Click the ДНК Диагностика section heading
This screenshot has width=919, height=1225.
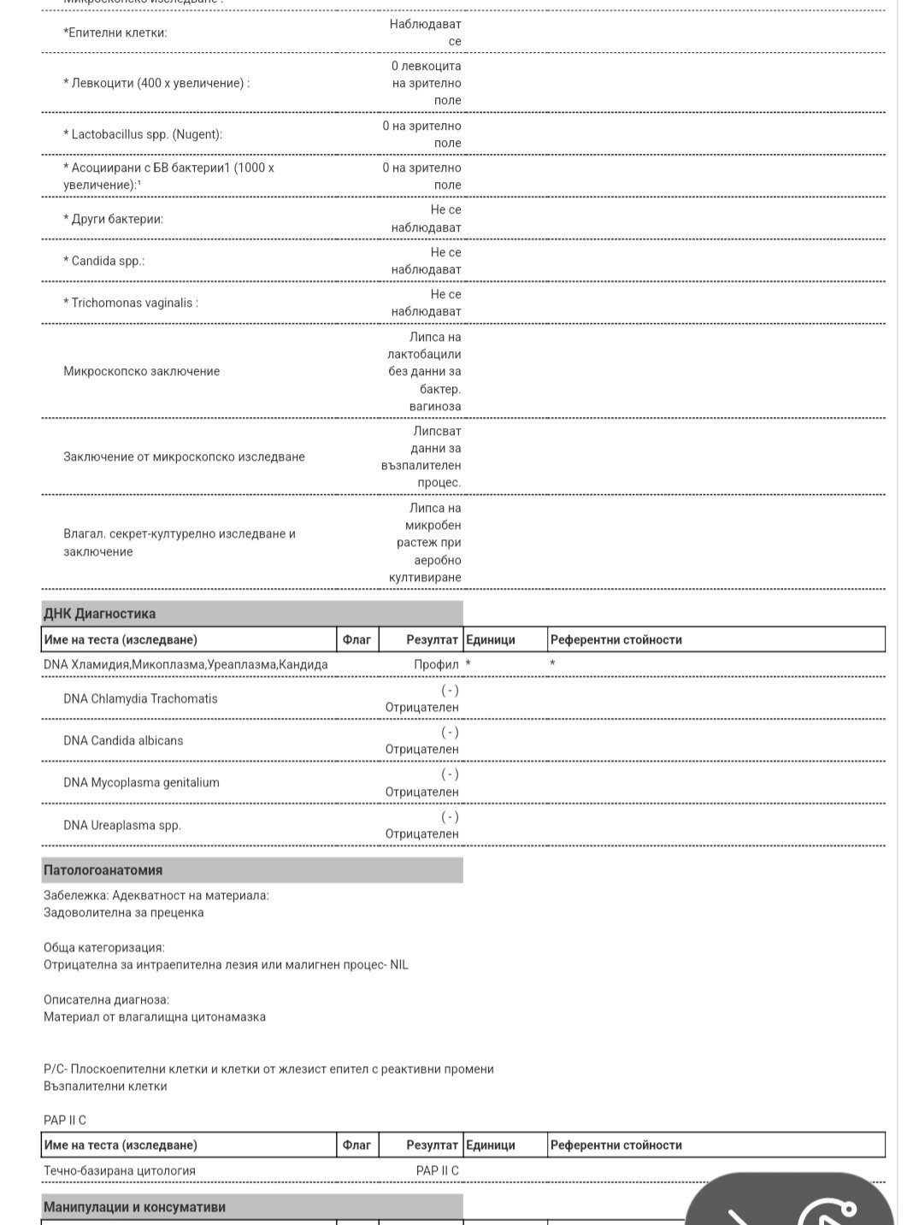(x=99, y=614)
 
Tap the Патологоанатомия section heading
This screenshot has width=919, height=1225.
(x=103, y=870)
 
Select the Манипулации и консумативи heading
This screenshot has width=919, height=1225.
(x=134, y=1207)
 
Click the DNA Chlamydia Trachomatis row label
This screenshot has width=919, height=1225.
(x=140, y=698)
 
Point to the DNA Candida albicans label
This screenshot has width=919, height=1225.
(x=123, y=740)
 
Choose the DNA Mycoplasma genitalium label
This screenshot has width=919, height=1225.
(x=141, y=782)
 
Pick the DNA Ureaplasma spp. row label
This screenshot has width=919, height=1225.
(x=122, y=825)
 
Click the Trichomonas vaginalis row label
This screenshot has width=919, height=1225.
(x=131, y=303)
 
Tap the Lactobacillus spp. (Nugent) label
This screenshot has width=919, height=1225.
(x=143, y=134)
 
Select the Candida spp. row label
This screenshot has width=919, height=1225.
(x=104, y=261)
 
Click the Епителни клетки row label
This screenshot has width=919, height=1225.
(x=115, y=32)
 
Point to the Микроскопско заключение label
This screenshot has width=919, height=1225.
(x=141, y=371)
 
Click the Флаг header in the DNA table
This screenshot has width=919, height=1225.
(x=356, y=639)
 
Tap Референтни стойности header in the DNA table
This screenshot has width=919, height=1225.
(x=616, y=639)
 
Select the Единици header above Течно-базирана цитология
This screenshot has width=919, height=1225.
(x=490, y=1145)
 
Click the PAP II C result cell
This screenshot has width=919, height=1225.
(x=437, y=1170)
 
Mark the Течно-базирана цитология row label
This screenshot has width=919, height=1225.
(x=120, y=1170)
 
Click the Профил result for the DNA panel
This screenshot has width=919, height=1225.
(x=436, y=664)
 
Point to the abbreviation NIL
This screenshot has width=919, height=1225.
(x=399, y=964)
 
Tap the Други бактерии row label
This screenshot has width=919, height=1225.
(x=113, y=219)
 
